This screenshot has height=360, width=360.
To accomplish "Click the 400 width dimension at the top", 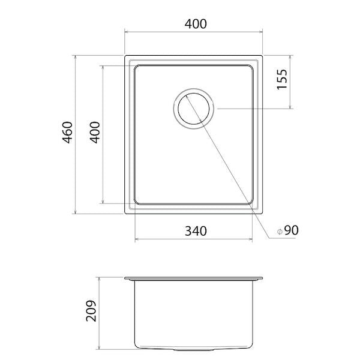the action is (x=196, y=24).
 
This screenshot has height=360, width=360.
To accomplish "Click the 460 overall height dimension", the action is (x=68, y=133).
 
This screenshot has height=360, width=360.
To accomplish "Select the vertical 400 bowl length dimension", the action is (x=95, y=133).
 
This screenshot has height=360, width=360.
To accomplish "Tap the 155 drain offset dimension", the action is (x=282, y=79).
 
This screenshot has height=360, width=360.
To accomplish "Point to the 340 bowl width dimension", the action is (x=196, y=231).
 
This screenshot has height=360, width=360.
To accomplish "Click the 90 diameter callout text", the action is (x=292, y=230).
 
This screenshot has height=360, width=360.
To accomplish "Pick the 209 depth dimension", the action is (x=91, y=311).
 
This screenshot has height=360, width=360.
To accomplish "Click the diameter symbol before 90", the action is (x=280, y=232).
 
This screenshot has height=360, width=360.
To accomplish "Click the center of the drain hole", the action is (x=194, y=109).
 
